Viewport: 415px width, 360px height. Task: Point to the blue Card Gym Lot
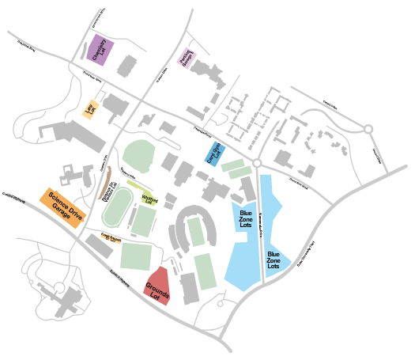coord(216,152)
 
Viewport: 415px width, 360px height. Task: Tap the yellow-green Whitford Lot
coord(149,196)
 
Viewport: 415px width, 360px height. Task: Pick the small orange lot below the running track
coord(111,236)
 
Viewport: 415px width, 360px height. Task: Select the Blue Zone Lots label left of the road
coord(246,219)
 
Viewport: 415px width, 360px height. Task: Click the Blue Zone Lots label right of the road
coord(274,258)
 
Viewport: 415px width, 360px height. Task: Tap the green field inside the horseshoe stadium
coord(196,232)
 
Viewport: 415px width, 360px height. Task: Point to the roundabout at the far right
coord(368,129)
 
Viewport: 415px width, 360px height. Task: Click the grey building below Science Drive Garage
coord(99,245)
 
